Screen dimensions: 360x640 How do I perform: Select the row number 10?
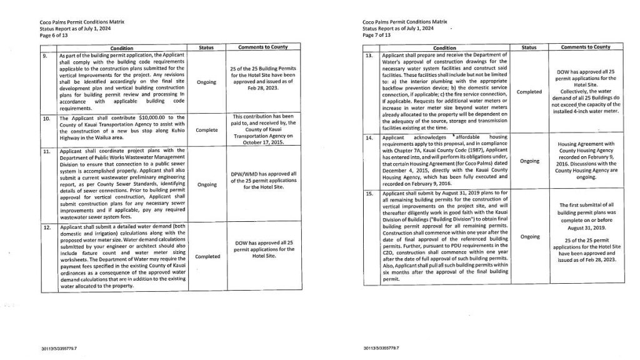pos(42,117)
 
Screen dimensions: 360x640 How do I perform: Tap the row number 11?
pos(42,151)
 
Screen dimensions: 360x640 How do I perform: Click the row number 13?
pos(369,55)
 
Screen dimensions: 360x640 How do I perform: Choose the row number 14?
pos(369,136)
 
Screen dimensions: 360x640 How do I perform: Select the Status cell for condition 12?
pos(207,256)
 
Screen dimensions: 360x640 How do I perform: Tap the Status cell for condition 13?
pos(529,92)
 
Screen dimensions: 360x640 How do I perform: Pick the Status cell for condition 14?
pos(529,161)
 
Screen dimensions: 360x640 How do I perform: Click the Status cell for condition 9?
pos(206,82)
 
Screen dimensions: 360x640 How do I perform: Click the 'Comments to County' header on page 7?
pos(585,47)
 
